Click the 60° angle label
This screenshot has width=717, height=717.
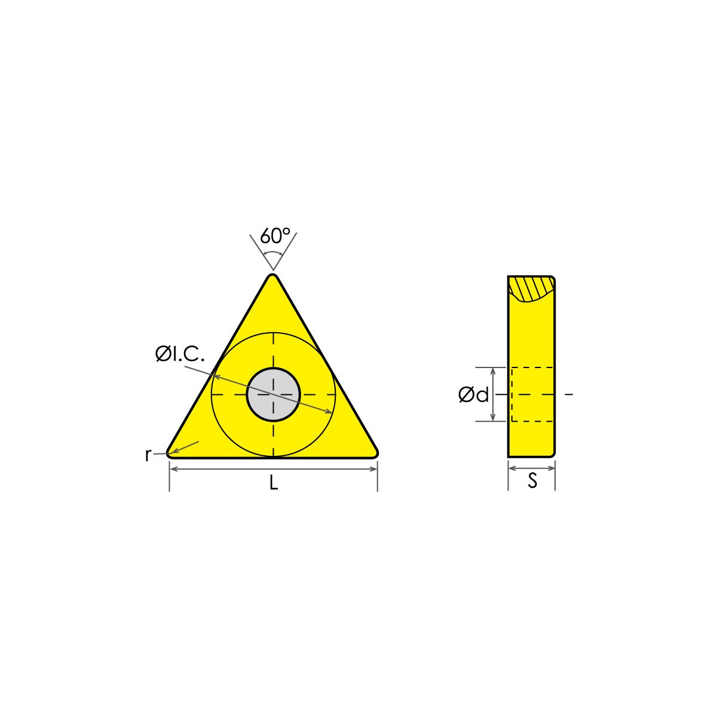(274, 236)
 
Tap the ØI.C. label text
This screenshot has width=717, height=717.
(179, 354)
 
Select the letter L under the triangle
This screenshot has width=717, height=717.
(273, 483)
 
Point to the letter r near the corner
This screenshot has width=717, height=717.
(148, 455)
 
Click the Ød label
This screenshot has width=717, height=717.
(473, 394)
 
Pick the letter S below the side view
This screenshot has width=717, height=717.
(532, 481)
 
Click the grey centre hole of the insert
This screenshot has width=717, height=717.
(273, 394)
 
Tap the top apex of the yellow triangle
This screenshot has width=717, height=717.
(273, 276)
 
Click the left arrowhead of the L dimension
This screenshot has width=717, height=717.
(173, 469)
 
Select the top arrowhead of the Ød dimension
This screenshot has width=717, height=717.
(493, 371)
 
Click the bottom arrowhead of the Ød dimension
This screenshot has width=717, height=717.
(493, 418)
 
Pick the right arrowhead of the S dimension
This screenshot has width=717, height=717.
(552, 469)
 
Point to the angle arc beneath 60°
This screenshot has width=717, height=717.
(273, 254)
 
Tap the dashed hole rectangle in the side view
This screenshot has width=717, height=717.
(532, 394)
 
